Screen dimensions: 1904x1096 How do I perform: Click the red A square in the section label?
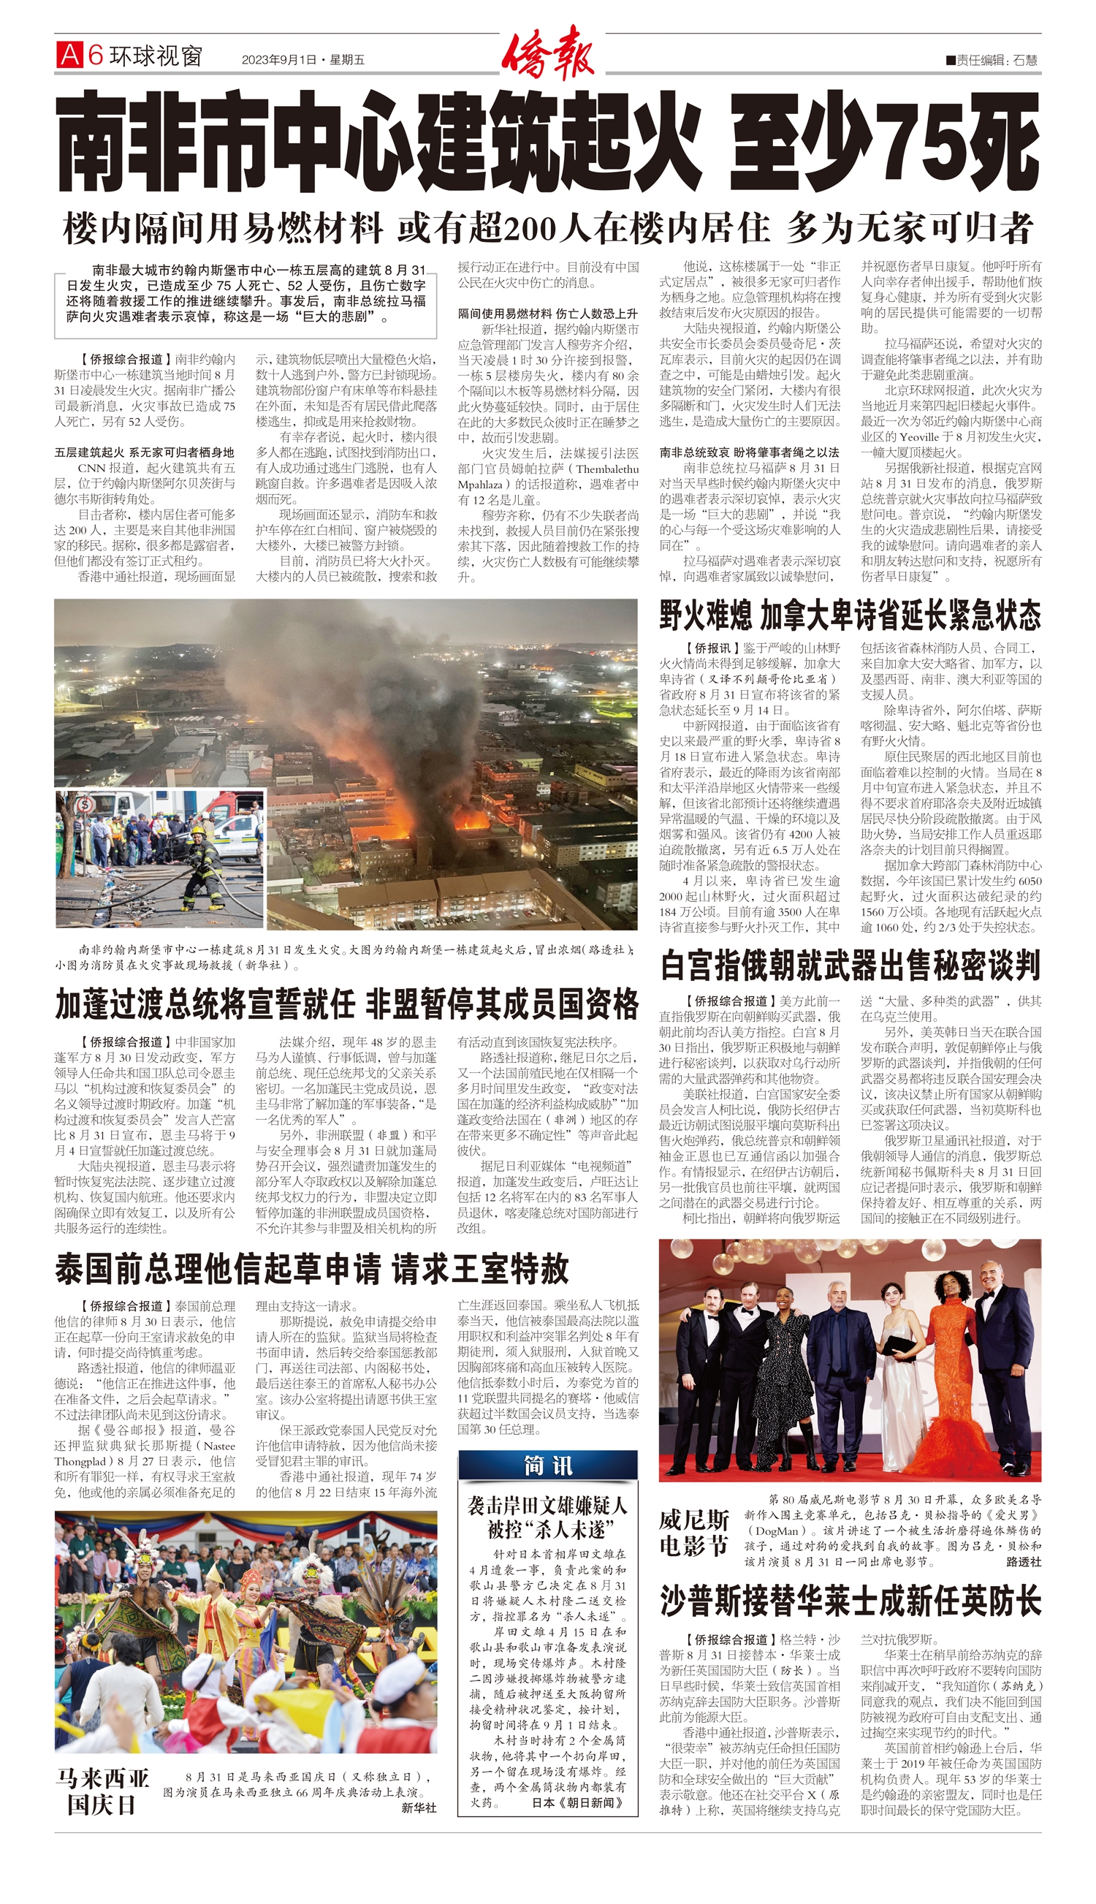pyautogui.click(x=69, y=55)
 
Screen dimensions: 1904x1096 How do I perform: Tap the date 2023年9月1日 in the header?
pyautogui.click(x=279, y=60)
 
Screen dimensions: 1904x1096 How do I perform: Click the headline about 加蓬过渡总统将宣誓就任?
pyautogui.click(x=347, y=1004)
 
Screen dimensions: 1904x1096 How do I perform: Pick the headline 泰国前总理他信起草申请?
pyautogui.click(x=312, y=1269)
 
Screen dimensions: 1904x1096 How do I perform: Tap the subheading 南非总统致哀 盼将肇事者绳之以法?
pyautogui.click(x=749, y=452)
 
